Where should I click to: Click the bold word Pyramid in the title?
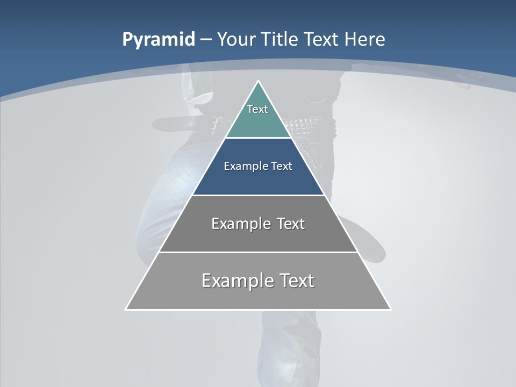tap(158, 40)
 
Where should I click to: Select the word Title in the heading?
tap(280, 40)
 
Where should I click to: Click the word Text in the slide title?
tap(322, 40)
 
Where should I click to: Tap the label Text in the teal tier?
tap(257, 109)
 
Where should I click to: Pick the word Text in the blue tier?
tap(282, 166)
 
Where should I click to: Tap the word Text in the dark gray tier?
tap(290, 224)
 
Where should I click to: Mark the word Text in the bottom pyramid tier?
tap(296, 281)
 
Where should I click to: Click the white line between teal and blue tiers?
tap(259, 138)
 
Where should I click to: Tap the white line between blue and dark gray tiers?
tap(259, 195)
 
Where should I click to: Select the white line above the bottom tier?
tap(259, 252)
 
